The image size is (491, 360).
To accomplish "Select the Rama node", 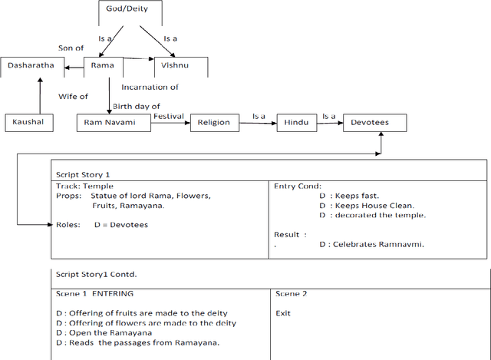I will point(103,66).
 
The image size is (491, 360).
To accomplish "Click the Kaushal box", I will point(29,122).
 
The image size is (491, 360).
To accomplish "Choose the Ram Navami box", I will point(114,122).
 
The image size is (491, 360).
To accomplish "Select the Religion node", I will point(213,122).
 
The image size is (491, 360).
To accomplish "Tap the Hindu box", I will point(297,122).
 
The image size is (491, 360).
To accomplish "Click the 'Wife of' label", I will point(74,97).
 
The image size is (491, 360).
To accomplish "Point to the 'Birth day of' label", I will point(136,106).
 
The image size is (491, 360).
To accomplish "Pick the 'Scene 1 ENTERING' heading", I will point(94,293).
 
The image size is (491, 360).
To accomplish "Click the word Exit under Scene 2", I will point(283,313).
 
